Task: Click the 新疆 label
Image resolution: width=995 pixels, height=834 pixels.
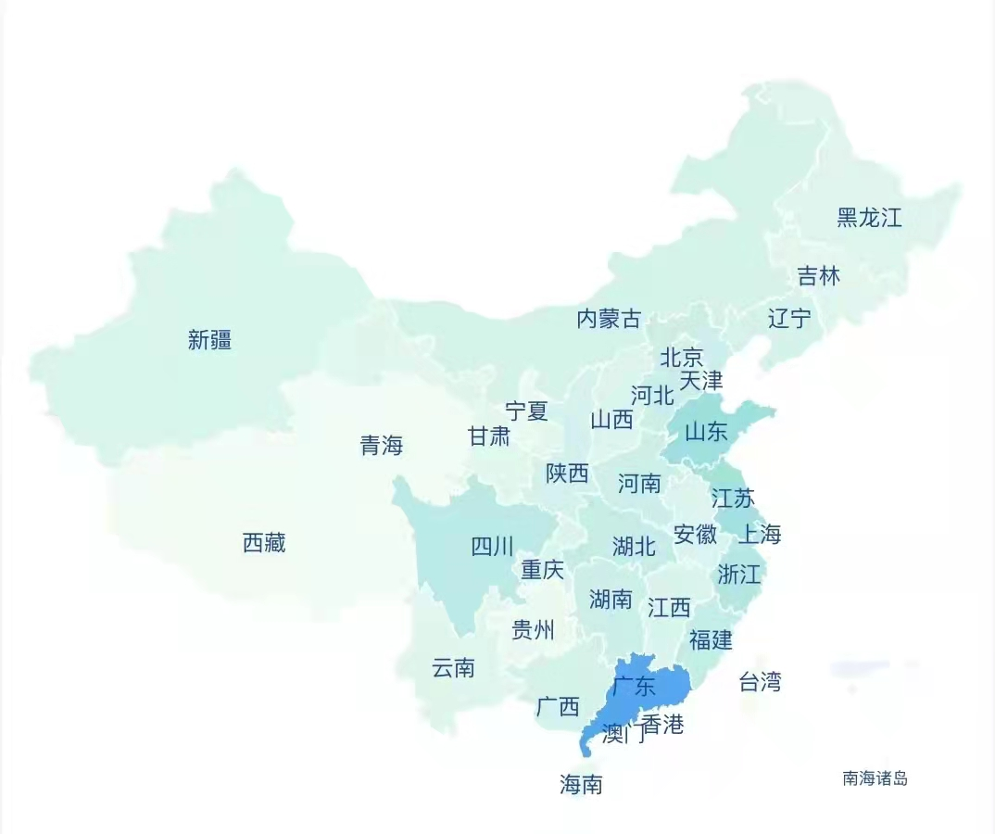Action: [209, 340]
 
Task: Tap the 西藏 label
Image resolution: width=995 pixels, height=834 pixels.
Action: [264, 543]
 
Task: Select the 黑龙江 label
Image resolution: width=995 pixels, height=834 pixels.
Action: [869, 218]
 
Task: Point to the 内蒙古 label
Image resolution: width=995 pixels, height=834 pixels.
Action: [609, 320]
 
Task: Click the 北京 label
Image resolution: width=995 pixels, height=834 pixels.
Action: [682, 357]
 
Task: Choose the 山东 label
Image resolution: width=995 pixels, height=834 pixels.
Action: [706, 431]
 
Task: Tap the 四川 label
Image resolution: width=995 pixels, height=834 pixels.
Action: [492, 547]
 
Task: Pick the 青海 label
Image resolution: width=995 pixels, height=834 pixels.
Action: [382, 446]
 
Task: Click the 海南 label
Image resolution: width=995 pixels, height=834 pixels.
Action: [581, 785]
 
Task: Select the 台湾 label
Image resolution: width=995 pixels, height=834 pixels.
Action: [760, 683]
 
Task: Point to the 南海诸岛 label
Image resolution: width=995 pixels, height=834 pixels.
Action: [875, 778]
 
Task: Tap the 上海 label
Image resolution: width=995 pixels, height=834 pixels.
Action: [760, 534]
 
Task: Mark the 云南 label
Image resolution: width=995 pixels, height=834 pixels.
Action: [453, 667]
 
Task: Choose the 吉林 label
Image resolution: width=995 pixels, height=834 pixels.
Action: [819, 275]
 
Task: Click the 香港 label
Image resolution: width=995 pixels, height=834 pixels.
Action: [662, 725]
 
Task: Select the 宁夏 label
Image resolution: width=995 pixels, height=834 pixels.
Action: [526, 411]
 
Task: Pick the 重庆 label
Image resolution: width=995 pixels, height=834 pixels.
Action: [542, 569]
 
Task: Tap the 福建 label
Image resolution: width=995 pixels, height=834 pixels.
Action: [711, 639]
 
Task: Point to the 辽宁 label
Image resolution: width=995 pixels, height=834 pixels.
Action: [789, 319]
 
